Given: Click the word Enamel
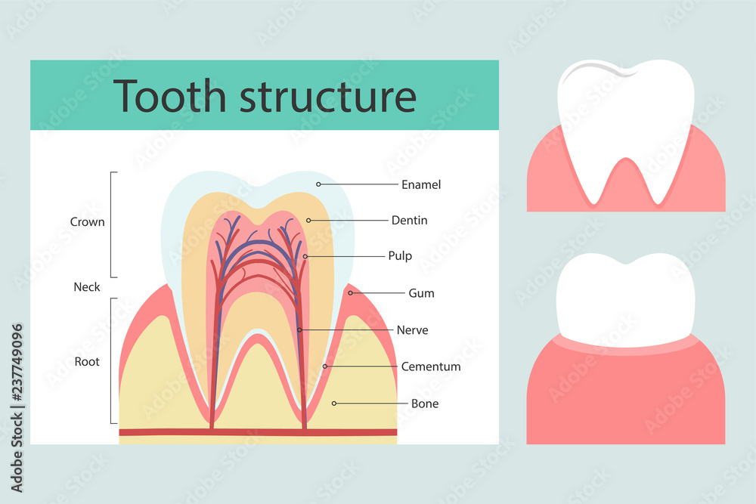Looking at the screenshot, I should [421, 184].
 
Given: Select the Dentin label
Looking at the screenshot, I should [409, 221].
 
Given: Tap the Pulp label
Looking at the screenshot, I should [400, 256].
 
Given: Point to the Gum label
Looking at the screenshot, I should [421, 292].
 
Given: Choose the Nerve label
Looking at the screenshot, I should [412, 330].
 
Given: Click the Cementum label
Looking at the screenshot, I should [431, 366].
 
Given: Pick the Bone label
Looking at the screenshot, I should [425, 404].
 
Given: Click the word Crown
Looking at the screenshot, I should [87, 222].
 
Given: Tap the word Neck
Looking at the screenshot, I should [87, 287].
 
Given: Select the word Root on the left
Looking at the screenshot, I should [87, 361].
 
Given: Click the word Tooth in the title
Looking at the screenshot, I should [171, 96].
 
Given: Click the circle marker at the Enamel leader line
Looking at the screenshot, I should [318, 184].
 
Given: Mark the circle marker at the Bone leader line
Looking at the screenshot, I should [334, 404].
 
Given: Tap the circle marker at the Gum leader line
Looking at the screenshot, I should [350, 292].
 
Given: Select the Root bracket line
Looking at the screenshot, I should [112, 360].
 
